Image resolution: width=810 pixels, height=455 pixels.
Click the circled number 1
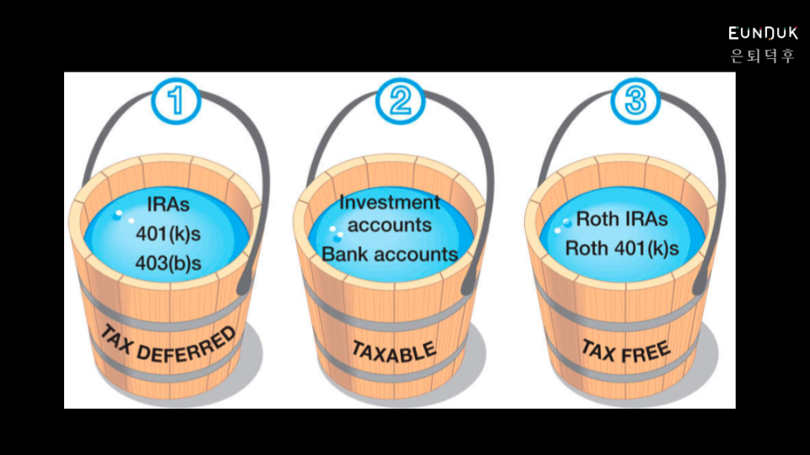pos(177,101)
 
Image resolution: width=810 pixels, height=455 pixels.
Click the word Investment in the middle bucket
pos(390,202)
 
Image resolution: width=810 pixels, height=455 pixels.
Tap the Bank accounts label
pos(390,254)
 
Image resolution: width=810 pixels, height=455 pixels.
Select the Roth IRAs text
pos(622,219)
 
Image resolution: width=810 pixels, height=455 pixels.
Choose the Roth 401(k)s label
pos(622,249)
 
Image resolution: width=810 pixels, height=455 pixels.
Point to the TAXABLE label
pos(393,349)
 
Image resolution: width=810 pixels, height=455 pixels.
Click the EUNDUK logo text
pos(763,34)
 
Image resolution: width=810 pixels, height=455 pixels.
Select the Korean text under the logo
pos(763,56)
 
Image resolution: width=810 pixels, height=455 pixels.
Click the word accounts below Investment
pos(390,226)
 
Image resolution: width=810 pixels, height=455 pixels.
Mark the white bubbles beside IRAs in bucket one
pos(123,216)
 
